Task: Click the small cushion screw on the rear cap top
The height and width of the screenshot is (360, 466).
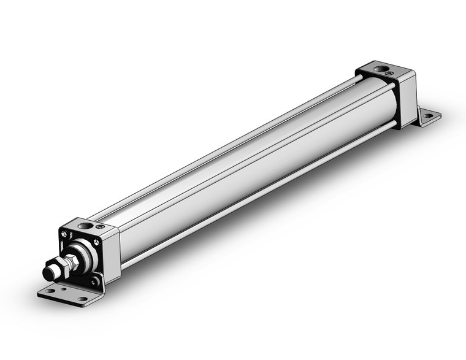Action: [x=389, y=73]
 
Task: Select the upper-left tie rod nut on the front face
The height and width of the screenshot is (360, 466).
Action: [x=64, y=234]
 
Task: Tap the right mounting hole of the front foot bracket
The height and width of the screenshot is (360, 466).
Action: [x=82, y=299]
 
